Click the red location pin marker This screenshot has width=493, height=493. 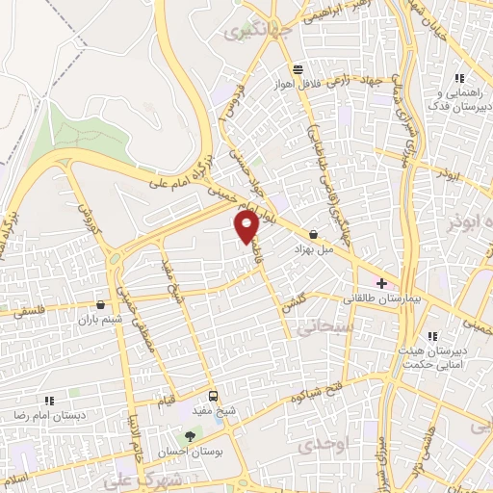246,227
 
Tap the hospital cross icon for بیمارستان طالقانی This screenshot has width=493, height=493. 382,284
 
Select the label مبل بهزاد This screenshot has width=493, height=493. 314,248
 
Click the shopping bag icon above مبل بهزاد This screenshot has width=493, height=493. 314,234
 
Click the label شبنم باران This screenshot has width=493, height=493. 101,320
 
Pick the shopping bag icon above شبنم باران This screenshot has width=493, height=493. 101,305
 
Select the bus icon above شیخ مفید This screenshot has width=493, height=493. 213,395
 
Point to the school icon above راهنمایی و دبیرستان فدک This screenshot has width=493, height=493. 459,78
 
